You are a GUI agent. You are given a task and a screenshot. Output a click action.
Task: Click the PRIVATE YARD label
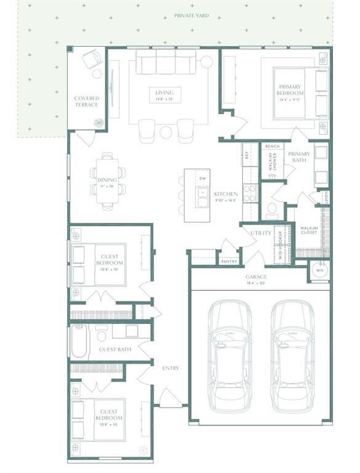click(x=191, y=15)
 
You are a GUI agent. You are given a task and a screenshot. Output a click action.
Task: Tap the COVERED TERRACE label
click(x=86, y=102)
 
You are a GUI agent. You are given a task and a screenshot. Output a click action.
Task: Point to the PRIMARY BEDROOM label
click(x=291, y=90)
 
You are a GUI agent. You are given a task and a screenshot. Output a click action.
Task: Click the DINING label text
click(x=106, y=180)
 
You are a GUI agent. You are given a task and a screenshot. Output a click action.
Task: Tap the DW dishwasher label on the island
click(x=202, y=179)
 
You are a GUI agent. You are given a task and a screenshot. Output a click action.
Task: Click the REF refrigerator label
click(x=246, y=155)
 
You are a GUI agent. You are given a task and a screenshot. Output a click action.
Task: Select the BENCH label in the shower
click(x=272, y=147)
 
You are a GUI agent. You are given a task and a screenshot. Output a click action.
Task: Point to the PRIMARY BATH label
click(x=300, y=157)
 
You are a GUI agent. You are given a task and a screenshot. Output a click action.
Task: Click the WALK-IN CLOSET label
click(x=309, y=231)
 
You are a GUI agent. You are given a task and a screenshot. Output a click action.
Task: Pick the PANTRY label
click(x=229, y=261)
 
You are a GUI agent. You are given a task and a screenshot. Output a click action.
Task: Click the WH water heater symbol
click(x=319, y=270)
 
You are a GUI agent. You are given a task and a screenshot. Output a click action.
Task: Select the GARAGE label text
click(x=258, y=277)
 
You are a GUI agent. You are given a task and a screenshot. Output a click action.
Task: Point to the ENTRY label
click(x=170, y=368)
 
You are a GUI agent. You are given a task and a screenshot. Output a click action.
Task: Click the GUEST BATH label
click(x=115, y=350)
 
